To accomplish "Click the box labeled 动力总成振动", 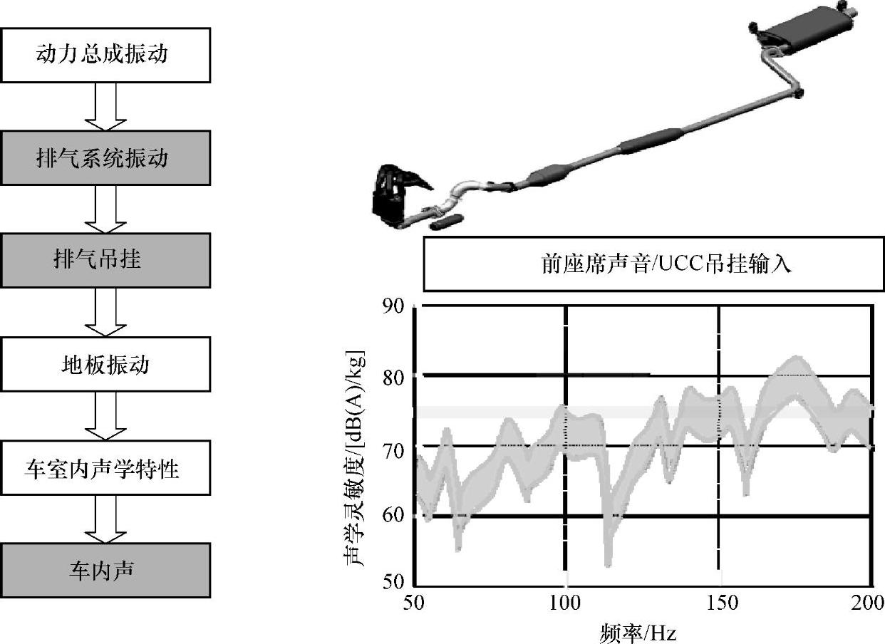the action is [105, 54].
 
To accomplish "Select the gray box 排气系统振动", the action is [105, 157].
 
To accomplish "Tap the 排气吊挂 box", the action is [105, 260].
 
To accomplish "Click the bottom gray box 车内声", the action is [105, 570].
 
